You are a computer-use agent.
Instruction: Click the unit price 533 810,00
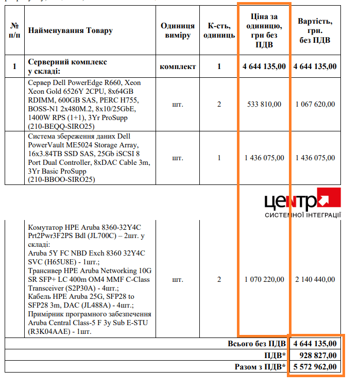(264, 104)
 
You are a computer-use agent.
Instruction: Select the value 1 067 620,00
(315, 104)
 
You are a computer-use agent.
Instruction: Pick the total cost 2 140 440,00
(315, 280)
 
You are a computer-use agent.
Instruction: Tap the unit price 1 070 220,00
(264, 280)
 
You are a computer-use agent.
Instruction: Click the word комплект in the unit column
(178, 66)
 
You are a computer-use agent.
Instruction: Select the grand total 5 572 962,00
(315, 367)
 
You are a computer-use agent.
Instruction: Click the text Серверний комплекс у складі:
(67, 66)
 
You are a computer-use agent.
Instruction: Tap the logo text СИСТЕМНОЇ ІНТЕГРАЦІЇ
(302, 215)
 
